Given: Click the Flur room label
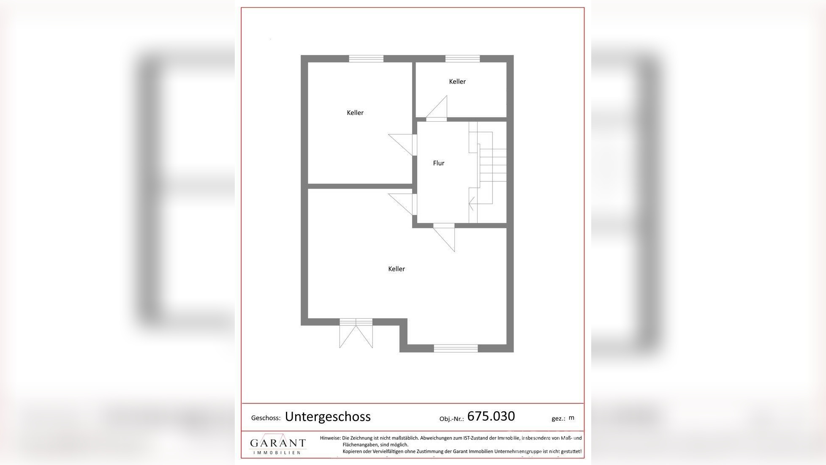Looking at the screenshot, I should (x=438, y=163).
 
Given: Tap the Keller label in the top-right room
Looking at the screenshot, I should (x=457, y=82).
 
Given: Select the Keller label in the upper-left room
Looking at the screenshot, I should (x=355, y=113).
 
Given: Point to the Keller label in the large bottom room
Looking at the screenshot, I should (x=396, y=269).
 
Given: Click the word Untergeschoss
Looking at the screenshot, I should (x=328, y=417).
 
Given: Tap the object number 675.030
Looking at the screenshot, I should (x=491, y=416).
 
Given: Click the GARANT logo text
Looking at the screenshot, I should (x=278, y=443).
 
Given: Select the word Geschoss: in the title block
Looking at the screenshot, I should (x=266, y=418).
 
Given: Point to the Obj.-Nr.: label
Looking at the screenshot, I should (x=451, y=419).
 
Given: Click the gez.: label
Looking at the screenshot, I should (x=558, y=418).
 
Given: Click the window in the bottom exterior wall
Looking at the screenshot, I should (x=456, y=348).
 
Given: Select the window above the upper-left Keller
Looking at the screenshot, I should (x=366, y=59).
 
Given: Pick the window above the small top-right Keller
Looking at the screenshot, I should (x=462, y=59).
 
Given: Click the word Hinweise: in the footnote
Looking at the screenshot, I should (x=330, y=438).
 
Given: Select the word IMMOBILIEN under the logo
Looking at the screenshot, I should (x=277, y=453).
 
